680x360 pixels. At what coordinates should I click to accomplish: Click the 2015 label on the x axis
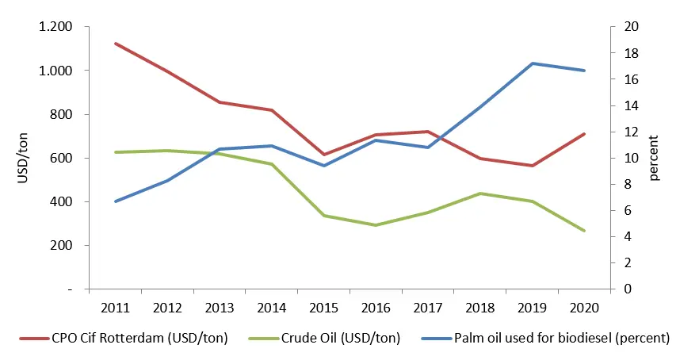pos(324,307)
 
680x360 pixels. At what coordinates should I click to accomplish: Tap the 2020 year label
pos(583,307)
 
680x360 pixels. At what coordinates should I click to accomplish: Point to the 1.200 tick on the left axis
pos(56,27)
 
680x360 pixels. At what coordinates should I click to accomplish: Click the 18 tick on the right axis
pos(627,53)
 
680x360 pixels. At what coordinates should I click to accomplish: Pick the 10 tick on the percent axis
pos(627,158)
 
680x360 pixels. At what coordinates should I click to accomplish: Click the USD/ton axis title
pos(23,159)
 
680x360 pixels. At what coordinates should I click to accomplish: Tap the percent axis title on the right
pos(654,159)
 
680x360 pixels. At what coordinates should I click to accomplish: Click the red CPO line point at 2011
pos(117,44)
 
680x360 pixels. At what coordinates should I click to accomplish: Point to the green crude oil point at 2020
pos(584,231)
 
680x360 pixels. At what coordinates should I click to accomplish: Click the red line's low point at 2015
pos(324,155)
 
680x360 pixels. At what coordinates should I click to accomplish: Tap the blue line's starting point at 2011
pos(117,201)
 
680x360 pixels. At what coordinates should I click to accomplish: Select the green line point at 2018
pos(479,193)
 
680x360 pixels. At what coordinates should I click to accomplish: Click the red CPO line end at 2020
pos(584,134)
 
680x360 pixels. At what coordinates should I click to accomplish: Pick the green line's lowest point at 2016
pos(376,225)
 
